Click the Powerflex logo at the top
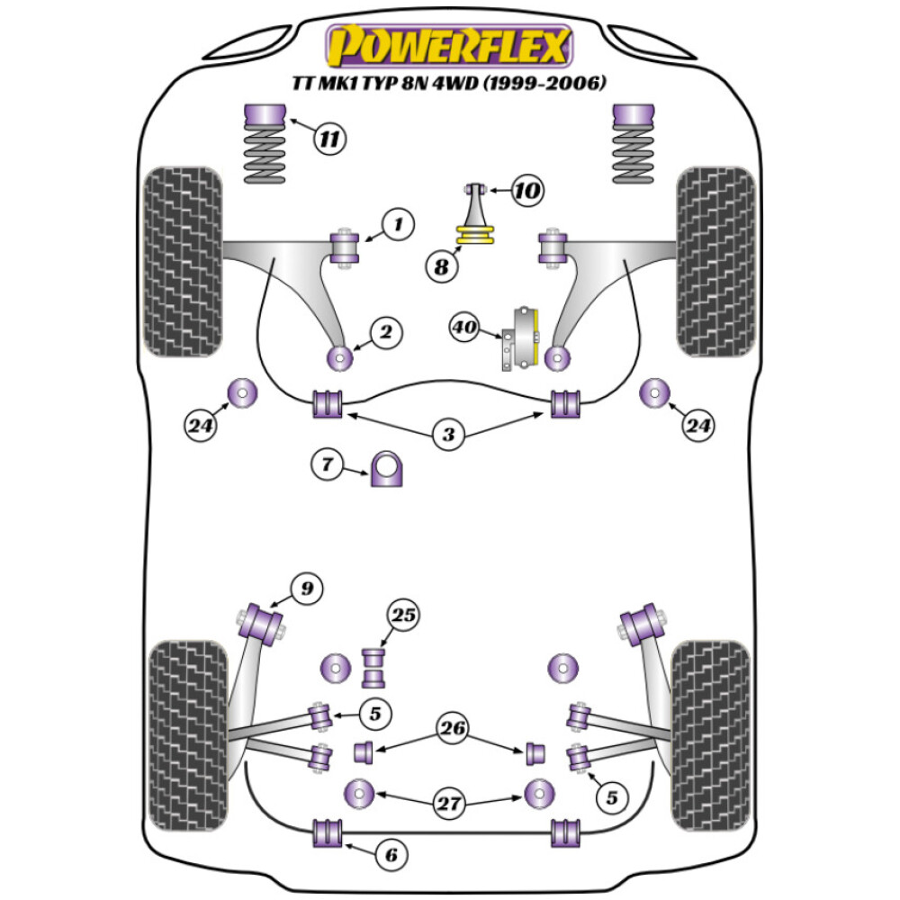[449, 45]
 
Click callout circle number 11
[330, 139]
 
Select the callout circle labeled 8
[440, 266]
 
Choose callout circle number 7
[328, 465]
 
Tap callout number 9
[307, 589]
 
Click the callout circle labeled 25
[403, 616]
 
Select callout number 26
[454, 727]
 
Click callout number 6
[390, 854]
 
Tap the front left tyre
[184, 261]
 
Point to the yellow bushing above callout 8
[478, 236]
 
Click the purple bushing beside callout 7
[387, 468]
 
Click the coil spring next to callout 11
[265, 155]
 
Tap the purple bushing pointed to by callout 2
[341, 357]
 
